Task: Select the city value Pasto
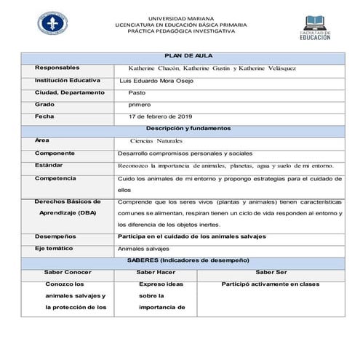(137, 92)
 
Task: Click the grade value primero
(140, 105)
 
